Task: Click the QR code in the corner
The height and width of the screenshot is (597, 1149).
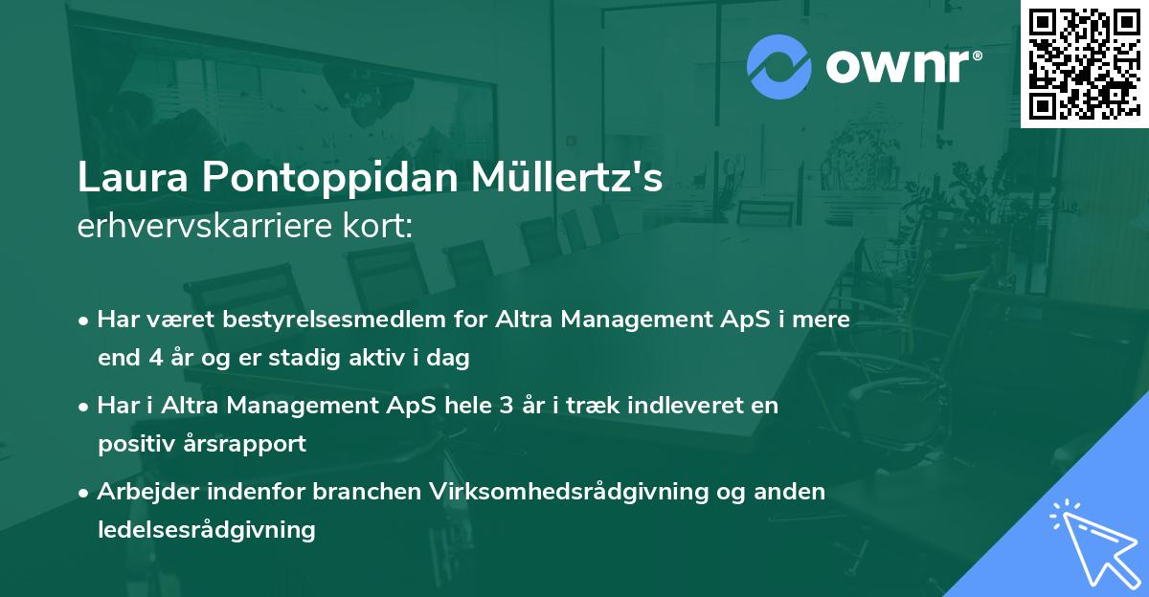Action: point(1084,64)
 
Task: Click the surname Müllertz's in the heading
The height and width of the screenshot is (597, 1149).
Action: point(588,178)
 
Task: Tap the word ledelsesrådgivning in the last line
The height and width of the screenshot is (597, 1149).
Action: point(206,529)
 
